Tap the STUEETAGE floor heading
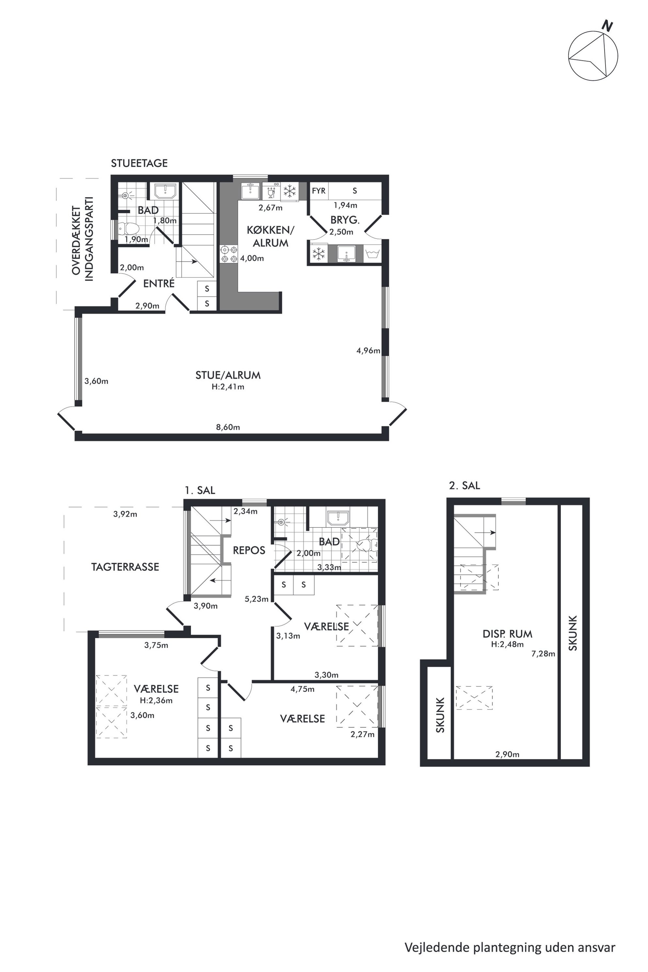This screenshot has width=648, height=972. [x=139, y=163]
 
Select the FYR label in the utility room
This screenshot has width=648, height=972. [x=319, y=191]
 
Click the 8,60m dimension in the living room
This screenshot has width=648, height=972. [x=228, y=427]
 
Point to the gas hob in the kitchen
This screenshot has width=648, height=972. [x=229, y=254]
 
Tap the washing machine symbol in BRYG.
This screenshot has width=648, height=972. [x=372, y=254]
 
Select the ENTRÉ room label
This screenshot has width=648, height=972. [x=159, y=283]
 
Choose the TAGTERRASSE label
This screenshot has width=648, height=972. [x=125, y=567]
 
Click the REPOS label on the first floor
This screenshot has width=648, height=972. [x=249, y=550]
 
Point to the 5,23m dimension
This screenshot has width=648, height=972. [x=256, y=599]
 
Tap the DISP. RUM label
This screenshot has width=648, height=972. [x=508, y=634]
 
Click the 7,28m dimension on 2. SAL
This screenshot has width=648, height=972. [x=543, y=653]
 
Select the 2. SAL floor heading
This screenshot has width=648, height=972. [x=464, y=486]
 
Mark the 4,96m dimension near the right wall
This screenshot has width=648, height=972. [x=368, y=350]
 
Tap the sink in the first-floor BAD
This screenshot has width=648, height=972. [x=338, y=518]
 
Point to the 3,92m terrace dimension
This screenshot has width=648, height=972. [x=125, y=514]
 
